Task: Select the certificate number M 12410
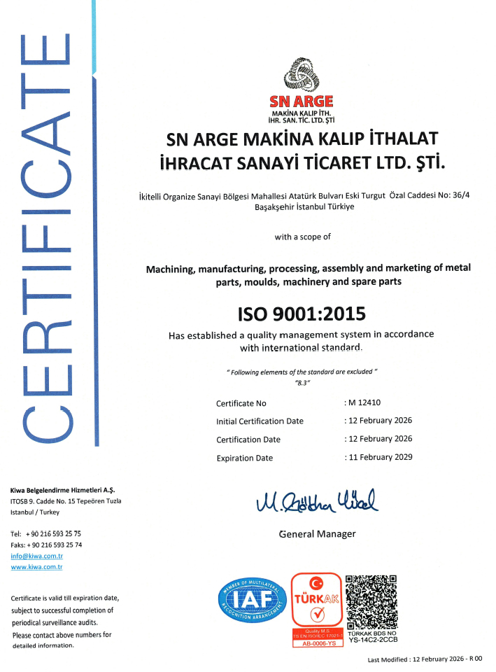363,402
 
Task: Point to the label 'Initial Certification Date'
260,421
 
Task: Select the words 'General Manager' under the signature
317,534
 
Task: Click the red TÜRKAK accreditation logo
316,604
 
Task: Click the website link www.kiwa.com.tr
36,566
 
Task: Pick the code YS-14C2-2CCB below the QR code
374,639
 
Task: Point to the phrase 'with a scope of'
302,237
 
